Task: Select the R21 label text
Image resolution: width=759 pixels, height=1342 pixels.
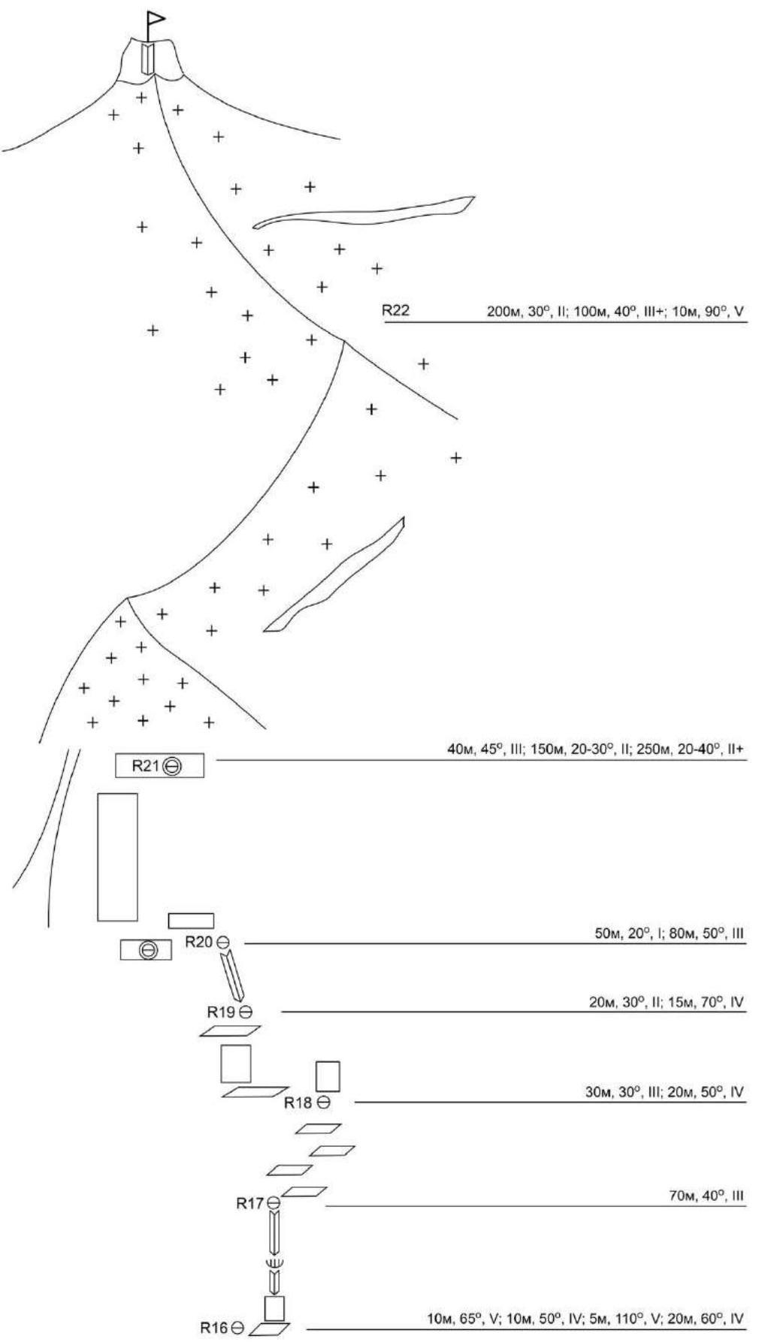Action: point(147,765)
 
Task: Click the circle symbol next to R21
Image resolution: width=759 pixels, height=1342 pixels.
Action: point(173,766)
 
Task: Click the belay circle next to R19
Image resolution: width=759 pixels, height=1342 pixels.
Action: point(246,1012)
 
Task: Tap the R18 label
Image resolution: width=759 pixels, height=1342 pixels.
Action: point(298,1102)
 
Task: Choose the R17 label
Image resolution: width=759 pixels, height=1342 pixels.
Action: point(250,1204)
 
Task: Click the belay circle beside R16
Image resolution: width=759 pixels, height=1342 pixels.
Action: point(238,1328)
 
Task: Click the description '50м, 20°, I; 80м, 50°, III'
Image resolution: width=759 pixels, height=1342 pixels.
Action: point(669,933)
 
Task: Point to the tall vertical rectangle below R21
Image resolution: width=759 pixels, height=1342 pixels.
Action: point(117,856)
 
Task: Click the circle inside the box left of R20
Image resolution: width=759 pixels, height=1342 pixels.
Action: point(148,950)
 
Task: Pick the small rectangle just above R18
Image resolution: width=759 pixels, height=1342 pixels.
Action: point(328,1075)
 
